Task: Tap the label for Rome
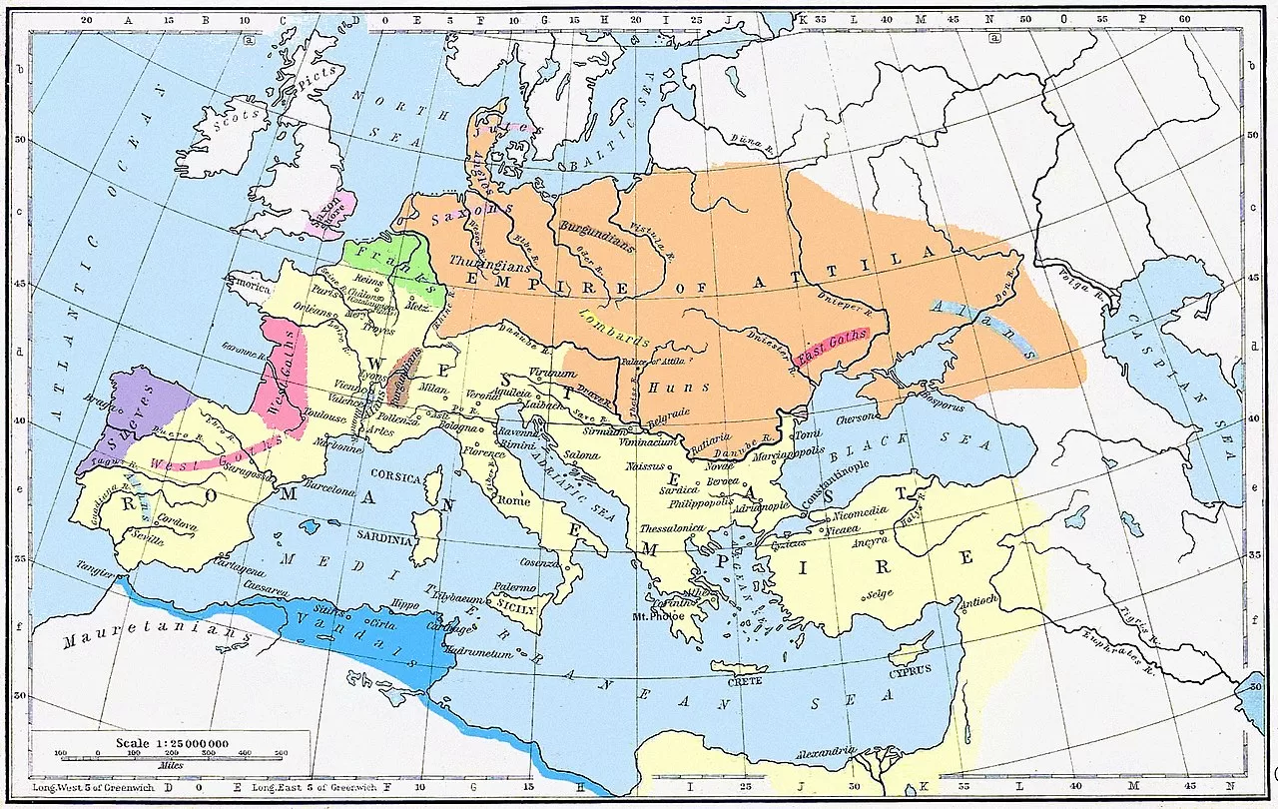coord(514,500)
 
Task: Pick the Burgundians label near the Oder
coord(597,243)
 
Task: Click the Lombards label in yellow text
coord(611,326)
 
